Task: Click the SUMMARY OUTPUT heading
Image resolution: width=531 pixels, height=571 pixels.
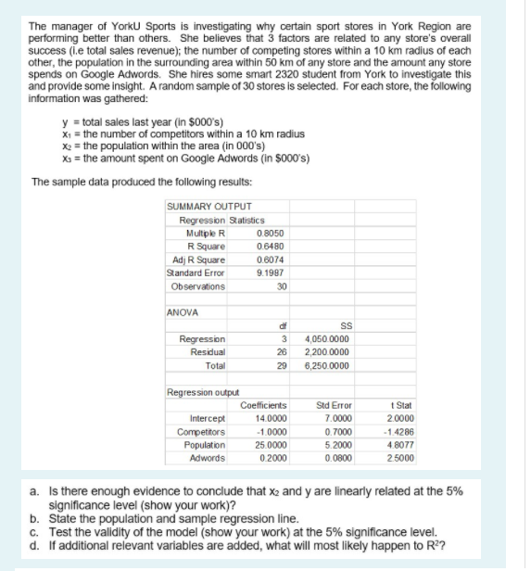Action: (201, 206)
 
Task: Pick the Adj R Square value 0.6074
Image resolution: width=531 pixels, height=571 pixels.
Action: (269, 247)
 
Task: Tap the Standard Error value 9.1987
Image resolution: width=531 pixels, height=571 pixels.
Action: (269, 260)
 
